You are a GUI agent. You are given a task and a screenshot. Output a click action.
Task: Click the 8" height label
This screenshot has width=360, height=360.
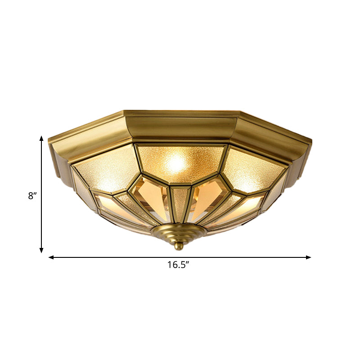(x=31, y=196)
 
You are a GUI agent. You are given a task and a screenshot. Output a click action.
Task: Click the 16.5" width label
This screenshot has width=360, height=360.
(x=178, y=265)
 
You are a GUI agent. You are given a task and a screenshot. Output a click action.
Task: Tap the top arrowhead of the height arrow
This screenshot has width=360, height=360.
(x=41, y=139)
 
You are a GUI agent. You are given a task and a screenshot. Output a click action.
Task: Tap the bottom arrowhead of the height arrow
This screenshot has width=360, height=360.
(x=41, y=250)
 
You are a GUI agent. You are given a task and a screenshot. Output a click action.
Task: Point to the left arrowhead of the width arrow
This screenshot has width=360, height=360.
(x=51, y=257)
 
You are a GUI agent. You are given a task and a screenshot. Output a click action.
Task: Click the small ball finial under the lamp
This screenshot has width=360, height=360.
(x=179, y=246)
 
